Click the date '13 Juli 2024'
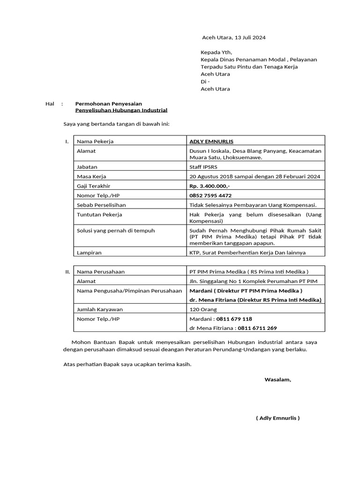249,37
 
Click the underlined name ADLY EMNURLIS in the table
211,141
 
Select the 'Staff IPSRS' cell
203,166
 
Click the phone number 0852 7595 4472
210,195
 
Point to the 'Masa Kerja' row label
91,176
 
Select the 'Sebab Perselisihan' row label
101,205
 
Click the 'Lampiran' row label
89,253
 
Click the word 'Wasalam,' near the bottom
277,379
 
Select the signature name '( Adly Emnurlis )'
277,418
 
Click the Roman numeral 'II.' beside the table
67,271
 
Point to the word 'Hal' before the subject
50,104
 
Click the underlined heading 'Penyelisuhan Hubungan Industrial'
121,110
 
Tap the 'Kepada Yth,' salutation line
216,52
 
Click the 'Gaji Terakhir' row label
93,186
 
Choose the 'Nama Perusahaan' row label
101,271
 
